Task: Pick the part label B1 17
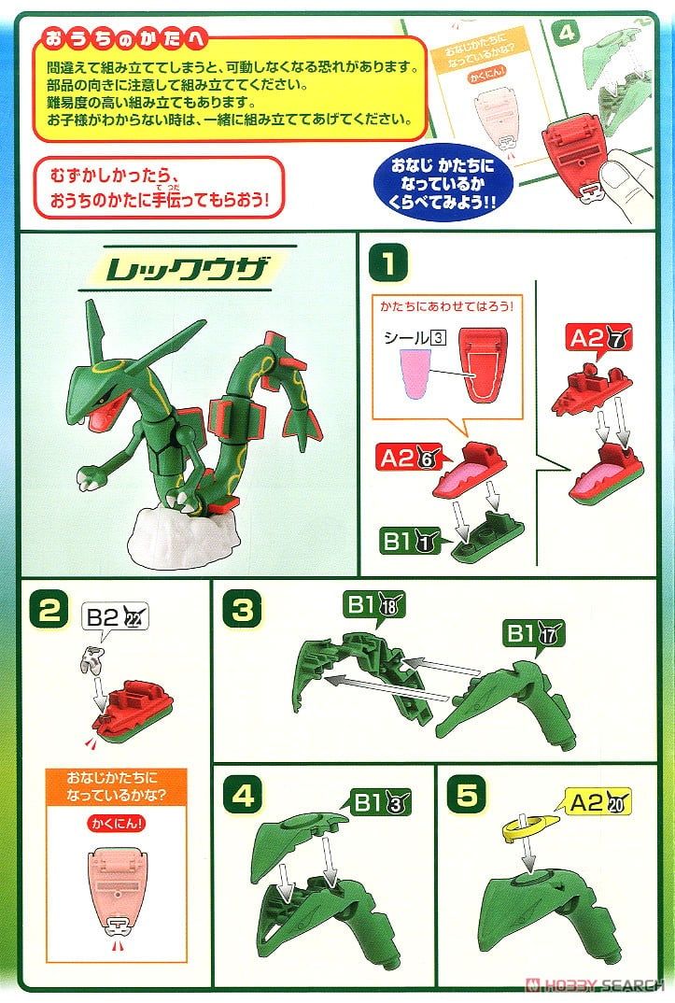[x=530, y=634]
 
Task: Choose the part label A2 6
[x=407, y=458]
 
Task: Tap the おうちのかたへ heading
[x=123, y=42]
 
